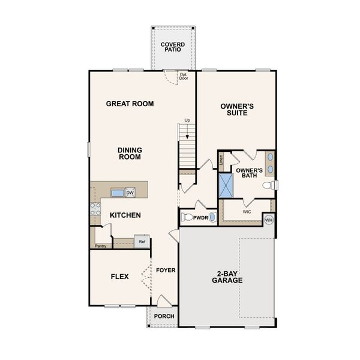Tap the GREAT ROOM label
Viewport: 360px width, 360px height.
coord(130,104)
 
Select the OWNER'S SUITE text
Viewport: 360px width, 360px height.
coord(237,110)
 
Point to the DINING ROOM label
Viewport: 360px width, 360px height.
coord(130,153)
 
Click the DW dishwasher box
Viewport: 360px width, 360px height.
coord(130,193)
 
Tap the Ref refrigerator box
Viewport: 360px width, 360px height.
coord(142,242)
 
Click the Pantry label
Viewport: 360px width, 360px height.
coord(100,246)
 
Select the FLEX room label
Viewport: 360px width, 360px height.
coord(120,277)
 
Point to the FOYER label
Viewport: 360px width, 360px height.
coord(166,270)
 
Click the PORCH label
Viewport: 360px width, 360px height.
coord(164,316)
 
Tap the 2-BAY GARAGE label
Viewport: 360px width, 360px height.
coord(226,280)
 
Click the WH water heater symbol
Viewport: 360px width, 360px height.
coord(268,220)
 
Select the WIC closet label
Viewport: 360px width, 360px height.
coord(247,212)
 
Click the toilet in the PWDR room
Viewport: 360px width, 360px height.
coord(187,217)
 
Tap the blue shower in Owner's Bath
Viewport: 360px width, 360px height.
coord(227,184)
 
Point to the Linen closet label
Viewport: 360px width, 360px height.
coord(221,160)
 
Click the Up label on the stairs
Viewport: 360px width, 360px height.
coord(187,121)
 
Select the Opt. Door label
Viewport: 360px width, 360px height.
coord(184,77)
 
